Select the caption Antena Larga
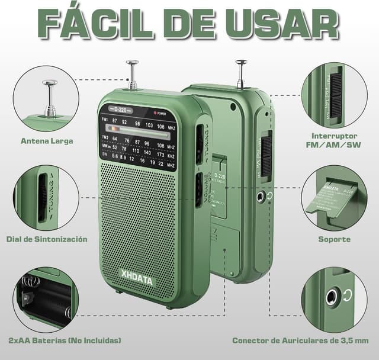click(x=47, y=141)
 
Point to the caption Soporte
click(x=334, y=239)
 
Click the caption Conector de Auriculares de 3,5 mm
click(x=300, y=340)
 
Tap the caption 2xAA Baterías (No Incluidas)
click(x=65, y=340)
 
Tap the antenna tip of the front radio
click(x=132, y=62)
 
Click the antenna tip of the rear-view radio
click(x=240, y=62)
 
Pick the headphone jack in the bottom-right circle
click(x=331, y=296)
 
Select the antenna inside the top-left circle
click(x=50, y=98)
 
